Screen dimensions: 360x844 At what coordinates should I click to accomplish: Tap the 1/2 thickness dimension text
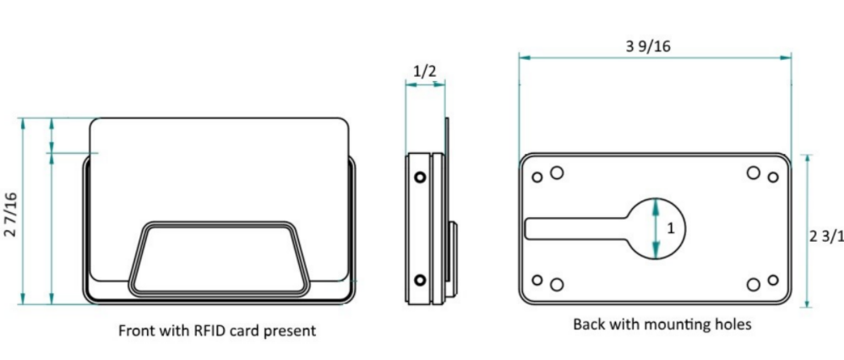(426, 71)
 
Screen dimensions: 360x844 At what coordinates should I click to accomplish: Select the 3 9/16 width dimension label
(648, 46)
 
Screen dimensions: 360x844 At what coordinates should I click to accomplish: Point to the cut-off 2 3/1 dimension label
(825, 237)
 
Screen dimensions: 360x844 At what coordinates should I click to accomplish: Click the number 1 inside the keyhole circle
(671, 228)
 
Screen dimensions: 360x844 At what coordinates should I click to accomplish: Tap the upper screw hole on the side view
(419, 178)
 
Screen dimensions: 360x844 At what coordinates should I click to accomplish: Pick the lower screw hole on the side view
(419, 280)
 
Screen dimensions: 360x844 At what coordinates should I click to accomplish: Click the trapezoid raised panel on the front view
(217, 257)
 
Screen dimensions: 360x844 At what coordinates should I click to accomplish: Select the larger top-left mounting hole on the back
(557, 172)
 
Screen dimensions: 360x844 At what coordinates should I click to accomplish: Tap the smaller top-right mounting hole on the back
(772, 177)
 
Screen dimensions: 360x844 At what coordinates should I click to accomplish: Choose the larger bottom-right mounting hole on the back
(753, 284)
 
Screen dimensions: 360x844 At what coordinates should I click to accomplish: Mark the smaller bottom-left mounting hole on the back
(537, 280)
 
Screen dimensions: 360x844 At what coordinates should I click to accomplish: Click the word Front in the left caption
(137, 330)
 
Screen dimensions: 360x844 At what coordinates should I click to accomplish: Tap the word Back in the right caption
(589, 324)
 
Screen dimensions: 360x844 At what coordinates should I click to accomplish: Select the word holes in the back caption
(731, 324)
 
